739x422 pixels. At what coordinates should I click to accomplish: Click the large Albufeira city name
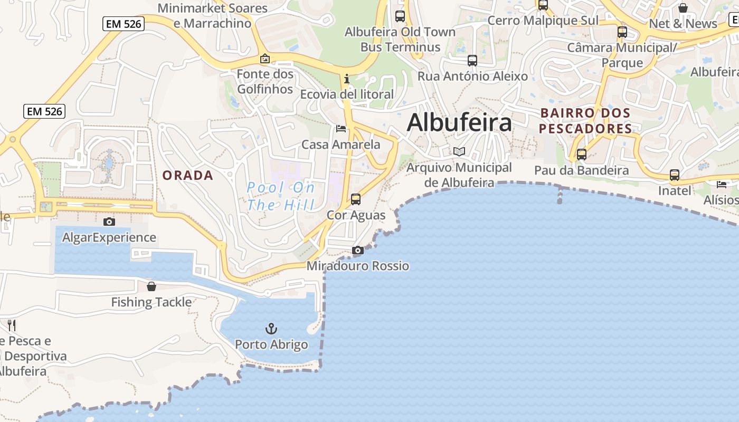coord(459,122)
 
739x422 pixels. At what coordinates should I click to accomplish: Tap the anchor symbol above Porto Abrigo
coord(271,329)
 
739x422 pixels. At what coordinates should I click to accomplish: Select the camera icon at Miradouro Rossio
coord(358,250)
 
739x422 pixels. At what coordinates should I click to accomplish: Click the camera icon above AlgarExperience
coord(109,222)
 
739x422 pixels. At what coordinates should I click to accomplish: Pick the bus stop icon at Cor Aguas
coord(356,199)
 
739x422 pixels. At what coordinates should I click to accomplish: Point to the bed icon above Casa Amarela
coord(341,128)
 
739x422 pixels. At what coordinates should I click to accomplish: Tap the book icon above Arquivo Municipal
coord(459,152)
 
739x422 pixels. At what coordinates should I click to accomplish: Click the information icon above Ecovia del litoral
coord(346,79)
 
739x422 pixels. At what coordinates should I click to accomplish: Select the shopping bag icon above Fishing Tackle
coord(151,286)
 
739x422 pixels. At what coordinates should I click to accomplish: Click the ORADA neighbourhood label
coord(188,176)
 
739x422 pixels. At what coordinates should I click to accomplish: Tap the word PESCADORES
coord(585,129)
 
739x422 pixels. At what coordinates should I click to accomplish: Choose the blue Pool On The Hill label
coord(281,196)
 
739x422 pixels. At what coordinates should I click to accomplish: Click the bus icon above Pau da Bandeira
coord(581,155)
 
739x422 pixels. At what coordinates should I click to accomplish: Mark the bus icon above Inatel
coord(674,175)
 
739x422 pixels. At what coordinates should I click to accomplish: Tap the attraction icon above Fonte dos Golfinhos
coord(265,59)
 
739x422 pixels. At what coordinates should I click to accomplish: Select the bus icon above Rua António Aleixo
coord(472,61)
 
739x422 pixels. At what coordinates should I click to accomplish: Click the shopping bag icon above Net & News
coord(683,8)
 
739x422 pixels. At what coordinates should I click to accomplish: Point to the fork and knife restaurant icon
coord(12,325)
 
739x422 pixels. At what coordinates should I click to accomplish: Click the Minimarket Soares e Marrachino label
coord(212,16)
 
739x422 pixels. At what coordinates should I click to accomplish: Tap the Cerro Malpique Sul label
coord(543,21)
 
